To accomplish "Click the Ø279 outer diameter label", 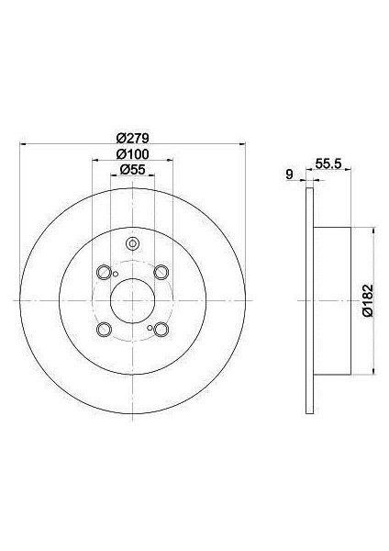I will point(131,137).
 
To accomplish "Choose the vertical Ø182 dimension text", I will point(366,299).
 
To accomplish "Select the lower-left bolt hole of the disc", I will point(103,330).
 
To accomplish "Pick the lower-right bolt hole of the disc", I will point(161,330).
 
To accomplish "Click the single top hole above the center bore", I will point(132,244).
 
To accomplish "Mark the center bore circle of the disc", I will point(132,300).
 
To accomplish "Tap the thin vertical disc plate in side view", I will point(310,300).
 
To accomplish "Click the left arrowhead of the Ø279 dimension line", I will point(23,144).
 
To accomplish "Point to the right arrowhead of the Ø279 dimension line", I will point(240,144).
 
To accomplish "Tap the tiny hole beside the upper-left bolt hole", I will point(116,272).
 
